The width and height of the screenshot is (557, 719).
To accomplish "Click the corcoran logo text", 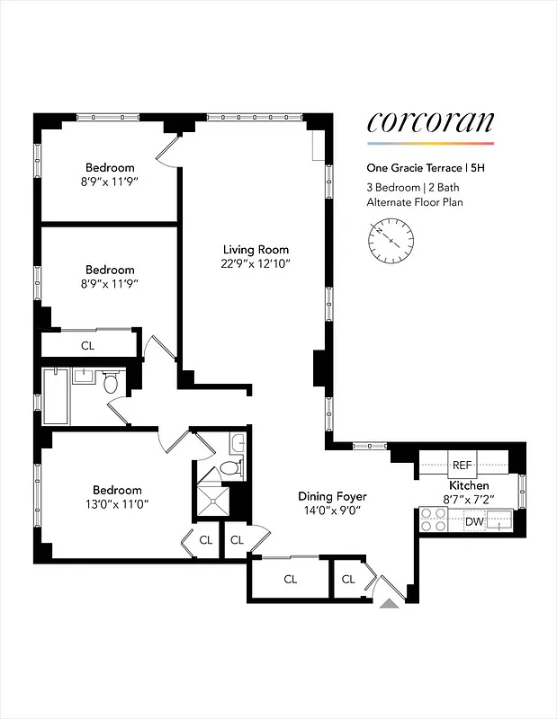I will click(430, 123).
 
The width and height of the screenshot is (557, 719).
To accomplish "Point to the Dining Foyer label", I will click(333, 496).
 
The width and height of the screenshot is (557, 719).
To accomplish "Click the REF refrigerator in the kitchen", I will click(462, 465).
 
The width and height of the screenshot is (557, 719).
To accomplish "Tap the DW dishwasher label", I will click(473, 520).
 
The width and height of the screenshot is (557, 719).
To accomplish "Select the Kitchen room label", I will click(468, 484).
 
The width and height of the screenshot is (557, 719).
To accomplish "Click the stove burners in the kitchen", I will click(434, 519).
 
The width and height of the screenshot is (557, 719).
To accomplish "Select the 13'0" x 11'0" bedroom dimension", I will click(111, 504).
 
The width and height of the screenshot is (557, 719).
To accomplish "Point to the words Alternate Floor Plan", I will click(415, 202).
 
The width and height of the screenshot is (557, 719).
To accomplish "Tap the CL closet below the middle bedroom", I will click(87, 345).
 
